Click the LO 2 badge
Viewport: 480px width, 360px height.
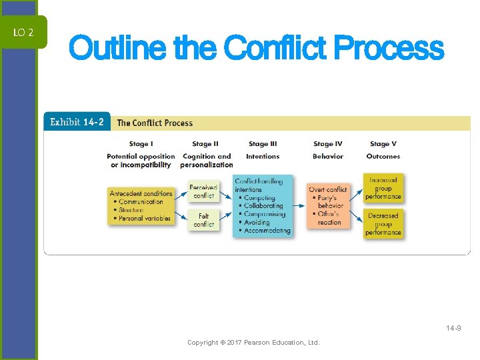coord(23,32)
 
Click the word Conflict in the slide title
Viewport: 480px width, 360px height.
coord(275,48)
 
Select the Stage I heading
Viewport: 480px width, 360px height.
coord(140,144)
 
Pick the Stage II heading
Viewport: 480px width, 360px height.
coord(205,144)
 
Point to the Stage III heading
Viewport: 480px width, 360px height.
coord(263,144)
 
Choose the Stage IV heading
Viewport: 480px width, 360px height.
coord(327,144)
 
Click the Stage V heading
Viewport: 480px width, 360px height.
coord(383,144)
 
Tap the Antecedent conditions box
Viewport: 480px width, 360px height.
coord(141,205)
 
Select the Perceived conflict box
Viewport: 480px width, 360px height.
coord(203,192)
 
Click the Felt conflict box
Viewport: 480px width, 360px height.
coord(203,220)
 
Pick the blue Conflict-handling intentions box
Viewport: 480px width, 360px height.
coord(263,206)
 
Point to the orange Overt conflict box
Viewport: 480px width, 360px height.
coord(328,206)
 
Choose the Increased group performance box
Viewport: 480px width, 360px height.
coord(383,189)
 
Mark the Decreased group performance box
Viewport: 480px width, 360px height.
coord(383,224)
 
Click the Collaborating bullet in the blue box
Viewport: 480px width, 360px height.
coord(263,206)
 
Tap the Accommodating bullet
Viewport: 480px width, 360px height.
coord(267,231)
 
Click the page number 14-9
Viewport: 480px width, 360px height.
coord(454,328)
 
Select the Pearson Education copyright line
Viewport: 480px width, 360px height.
coord(253,343)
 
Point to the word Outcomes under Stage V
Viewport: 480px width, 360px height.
coord(383,157)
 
